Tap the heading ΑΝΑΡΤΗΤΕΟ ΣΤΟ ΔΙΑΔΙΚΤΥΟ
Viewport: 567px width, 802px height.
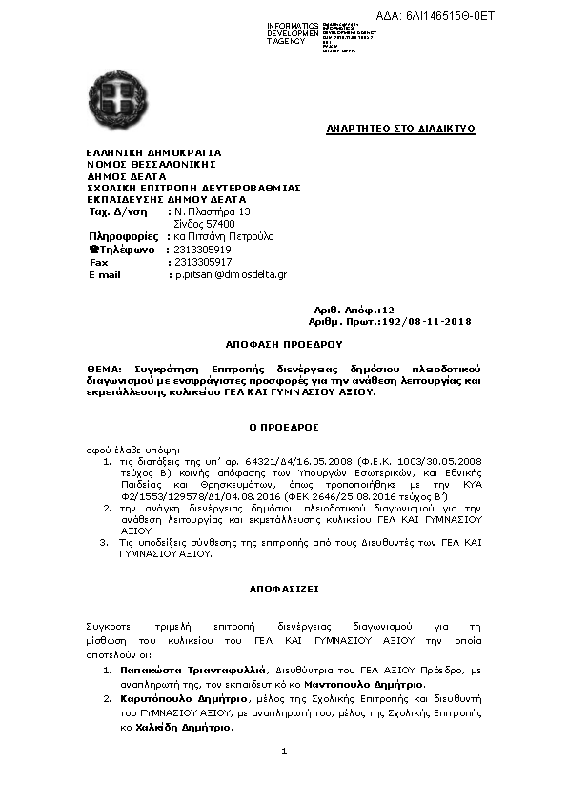(400, 129)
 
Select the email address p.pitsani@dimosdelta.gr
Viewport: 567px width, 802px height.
(230, 274)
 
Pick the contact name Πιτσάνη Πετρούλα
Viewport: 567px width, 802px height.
(227, 236)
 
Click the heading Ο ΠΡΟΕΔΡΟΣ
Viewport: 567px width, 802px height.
(283, 426)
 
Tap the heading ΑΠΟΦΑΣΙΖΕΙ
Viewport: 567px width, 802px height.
(283, 590)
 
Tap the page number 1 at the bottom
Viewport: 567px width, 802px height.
(284, 752)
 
